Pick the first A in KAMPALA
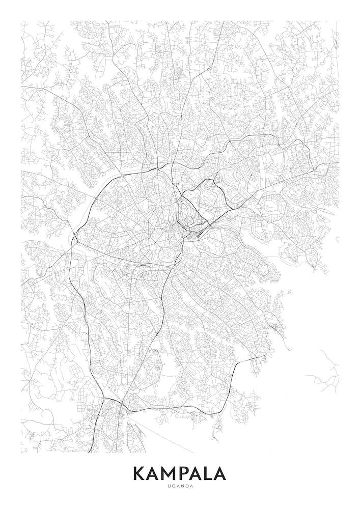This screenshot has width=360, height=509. [x=154, y=473]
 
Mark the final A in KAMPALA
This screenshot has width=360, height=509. [x=220, y=473]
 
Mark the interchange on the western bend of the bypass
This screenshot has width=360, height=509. [x=75, y=235]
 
